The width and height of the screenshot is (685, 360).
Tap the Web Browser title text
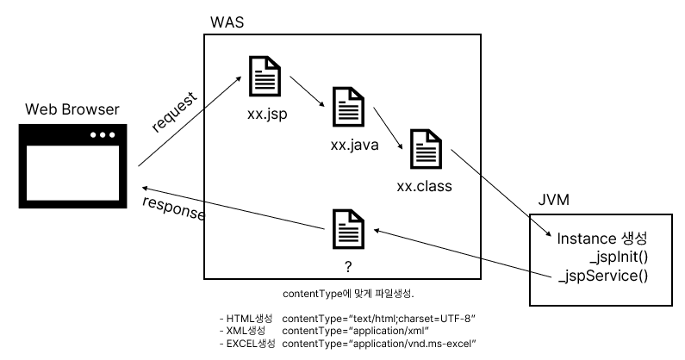tap(72, 109)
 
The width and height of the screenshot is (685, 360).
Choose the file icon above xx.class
tap(425, 150)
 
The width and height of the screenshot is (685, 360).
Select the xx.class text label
tap(424, 185)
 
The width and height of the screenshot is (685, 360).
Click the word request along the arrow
tap(174, 111)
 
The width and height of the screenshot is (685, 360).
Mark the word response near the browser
tap(172, 209)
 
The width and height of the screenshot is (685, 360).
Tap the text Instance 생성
tap(601, 238)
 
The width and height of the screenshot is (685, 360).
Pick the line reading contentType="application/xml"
tap(355, 331)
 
